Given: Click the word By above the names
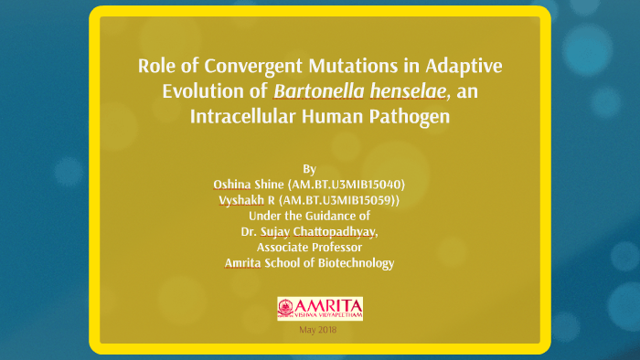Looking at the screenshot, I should click(x=309, y=169).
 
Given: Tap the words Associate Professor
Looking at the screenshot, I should click(x=309, y=248).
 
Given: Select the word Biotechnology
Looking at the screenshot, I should click(x=357, y=263).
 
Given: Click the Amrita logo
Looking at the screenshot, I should click(x=319, y=308).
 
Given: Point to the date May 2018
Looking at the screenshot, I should click(x=318, y=330).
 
